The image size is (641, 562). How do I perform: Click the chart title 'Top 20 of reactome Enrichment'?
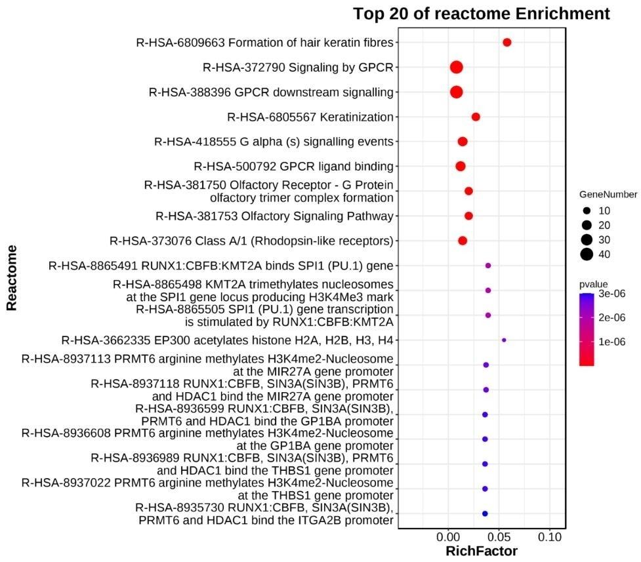pos(482,13)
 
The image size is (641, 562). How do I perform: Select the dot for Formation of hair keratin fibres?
pos(507,43)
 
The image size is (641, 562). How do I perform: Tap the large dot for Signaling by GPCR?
pos(456,67)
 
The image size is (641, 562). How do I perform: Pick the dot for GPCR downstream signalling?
pos(456,92)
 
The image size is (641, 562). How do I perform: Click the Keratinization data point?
pos(476,117)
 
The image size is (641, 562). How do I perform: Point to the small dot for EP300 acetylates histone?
pos(503,340)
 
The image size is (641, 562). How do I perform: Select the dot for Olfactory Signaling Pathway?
pos(468,216)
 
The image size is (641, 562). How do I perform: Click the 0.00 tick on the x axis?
pos(448,537)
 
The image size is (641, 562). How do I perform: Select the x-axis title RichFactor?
pos(481,552)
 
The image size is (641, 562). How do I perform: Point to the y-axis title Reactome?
pos(11,278)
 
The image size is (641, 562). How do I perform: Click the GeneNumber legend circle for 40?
pos(586,254)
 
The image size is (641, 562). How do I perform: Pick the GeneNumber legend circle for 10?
pos(586,211)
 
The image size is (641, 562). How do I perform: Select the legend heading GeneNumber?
pos(608,195)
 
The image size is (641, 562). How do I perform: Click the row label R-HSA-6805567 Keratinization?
pos(310,117)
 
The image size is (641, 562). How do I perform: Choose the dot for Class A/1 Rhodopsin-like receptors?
pos(463,241)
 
